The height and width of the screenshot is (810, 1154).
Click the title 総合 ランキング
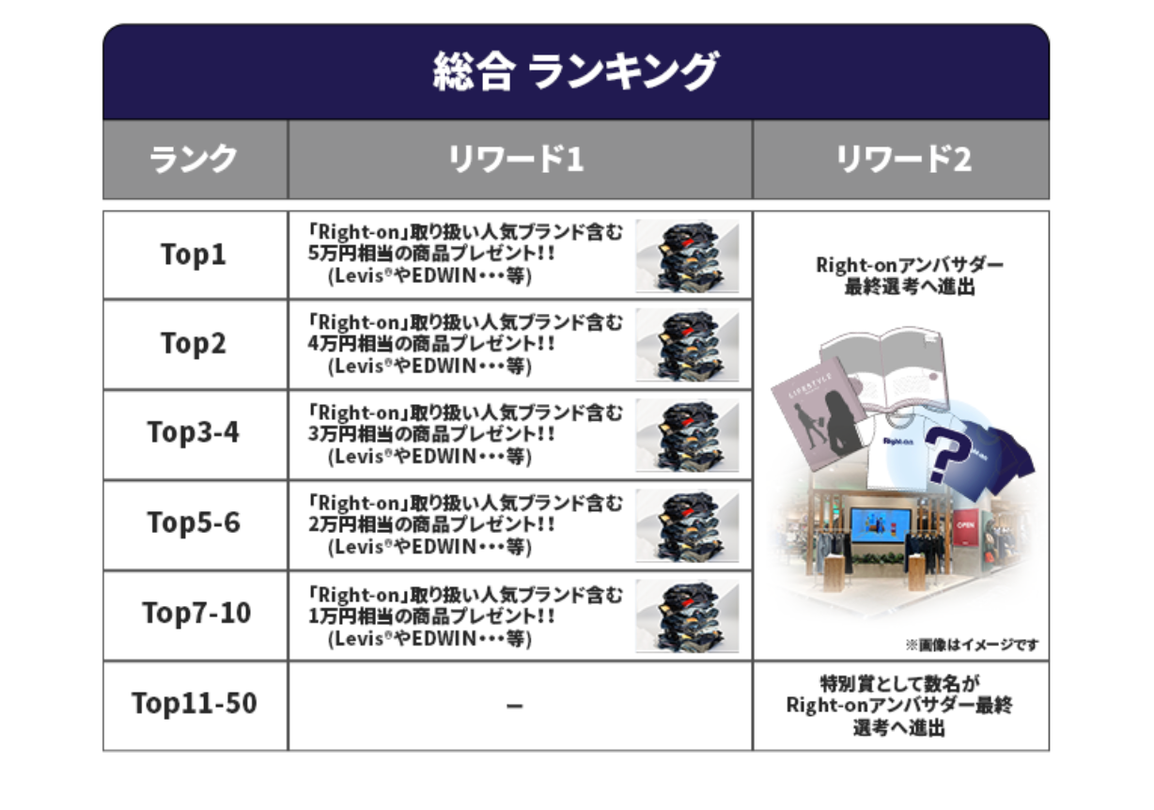click(575, 72)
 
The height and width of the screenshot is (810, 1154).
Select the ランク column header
click(194, 160)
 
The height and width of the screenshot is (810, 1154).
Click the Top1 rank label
click(194, 255)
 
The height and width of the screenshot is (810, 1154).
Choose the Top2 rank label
click(194, 344)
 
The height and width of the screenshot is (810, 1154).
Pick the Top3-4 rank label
click(194, 432)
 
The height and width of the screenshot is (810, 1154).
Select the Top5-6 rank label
click(194, 522)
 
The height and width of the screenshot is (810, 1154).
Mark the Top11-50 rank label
click(194, 703)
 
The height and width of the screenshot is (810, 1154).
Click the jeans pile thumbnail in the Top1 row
click(687, 256)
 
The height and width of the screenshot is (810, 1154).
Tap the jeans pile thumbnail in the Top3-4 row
click(687, 434)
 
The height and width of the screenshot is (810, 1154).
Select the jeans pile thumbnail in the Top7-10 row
click(687, 615)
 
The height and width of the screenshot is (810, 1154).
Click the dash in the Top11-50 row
click(514, 706)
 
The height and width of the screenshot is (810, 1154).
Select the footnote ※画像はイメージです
click(972, 646)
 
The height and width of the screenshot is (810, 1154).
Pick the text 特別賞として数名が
click(900, 684)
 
